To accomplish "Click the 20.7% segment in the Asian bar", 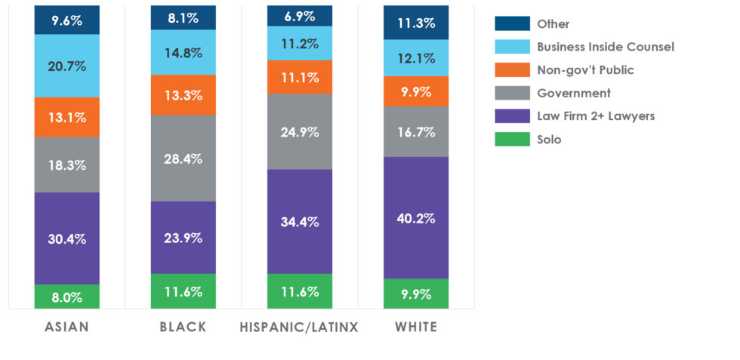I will click(x=67, y=66).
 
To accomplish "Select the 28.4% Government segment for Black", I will click(x=183, y=158).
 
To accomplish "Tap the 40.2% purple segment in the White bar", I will click(x=416, y=218).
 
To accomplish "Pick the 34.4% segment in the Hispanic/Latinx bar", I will click(x=300, y=222).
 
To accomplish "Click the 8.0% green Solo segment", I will click(x=67, y=297).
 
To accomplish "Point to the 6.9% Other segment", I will click(x=300, y=16).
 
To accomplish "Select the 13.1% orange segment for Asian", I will click(x=67, y=117).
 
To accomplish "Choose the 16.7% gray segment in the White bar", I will click(x=416, y=131).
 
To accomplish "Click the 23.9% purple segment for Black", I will click(x=183, y=238).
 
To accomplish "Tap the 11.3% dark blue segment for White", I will click(x=416, y=22).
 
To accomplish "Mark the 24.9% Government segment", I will click(x=300, y=131).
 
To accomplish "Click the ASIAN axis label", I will click(x=67, y=328).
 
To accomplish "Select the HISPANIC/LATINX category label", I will click(x=300, y=328).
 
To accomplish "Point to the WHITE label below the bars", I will click(x=416, y=328).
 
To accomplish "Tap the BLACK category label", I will click(x=183, y=328).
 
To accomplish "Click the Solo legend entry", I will click(x=549, y=140).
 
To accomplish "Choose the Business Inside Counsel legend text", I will click(x=605, y=47).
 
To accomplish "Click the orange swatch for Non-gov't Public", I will click(x=512, y=70).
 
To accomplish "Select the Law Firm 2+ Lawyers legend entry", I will click(x=596, y=116).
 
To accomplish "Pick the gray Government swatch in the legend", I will click(x=512, y=94).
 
